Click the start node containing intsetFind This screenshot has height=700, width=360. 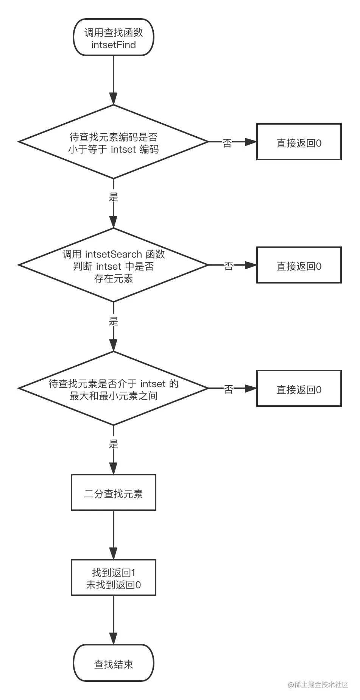(x=114, y=37)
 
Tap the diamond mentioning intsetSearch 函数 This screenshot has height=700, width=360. (x=114, y=266)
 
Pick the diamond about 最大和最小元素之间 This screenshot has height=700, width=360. (x=114, y=389)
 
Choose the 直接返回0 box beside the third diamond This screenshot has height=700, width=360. (x=299, y=389)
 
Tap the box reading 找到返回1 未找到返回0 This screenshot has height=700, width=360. (x=114, y=578)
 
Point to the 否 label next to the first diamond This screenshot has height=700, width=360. (x=227, y=143)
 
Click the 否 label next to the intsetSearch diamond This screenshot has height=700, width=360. (x=228, y=266)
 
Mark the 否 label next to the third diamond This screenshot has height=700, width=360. (x=228, y=389)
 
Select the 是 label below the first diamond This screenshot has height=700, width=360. (x=114, y=197)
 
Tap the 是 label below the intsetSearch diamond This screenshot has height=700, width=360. (x=114, y=322)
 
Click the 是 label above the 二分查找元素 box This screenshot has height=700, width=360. (x=114, y=444)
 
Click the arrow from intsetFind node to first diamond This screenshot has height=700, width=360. (x=114, y=80)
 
